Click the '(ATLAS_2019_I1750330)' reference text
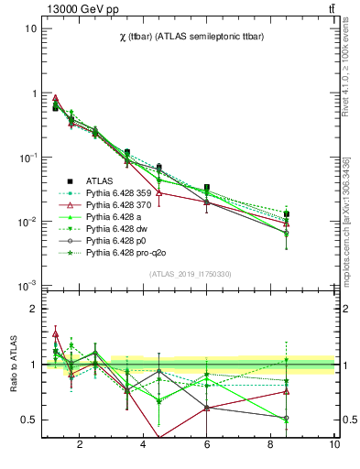[190, 274]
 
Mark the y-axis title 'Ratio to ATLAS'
[12, 364]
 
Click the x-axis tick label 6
[207, 446]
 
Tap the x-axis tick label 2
[80, 446]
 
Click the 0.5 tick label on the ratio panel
[28, 420]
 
